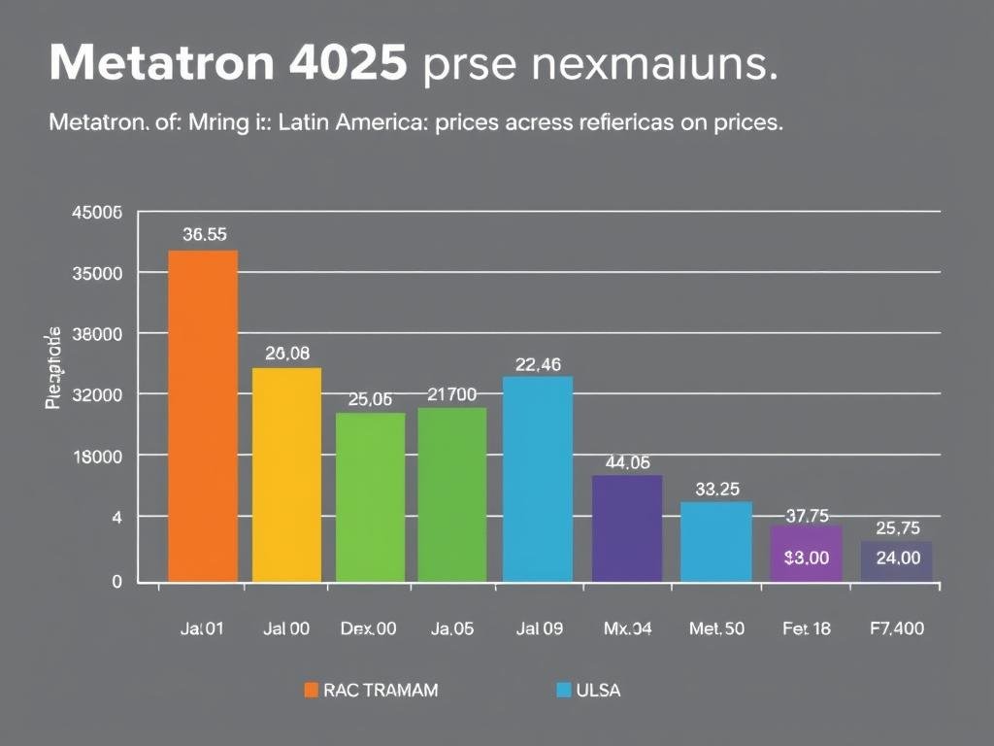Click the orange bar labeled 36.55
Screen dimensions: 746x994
[x=203, y=416]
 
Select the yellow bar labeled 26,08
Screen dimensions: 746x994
[x=286, y=474]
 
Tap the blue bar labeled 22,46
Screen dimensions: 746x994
[x=538, y=479]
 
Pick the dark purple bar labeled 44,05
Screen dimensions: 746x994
[x=627, y=528]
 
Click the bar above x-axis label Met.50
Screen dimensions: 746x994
[x=716, y=541]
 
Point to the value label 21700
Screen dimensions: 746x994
[x=452, y=394]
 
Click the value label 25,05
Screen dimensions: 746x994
[x=370, y=399]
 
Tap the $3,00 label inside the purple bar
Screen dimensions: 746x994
[x=806, y=558]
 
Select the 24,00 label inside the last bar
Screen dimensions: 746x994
[x=898, y=558]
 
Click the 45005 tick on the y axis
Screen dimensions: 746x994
[x=97, y=214]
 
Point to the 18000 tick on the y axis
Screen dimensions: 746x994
[x=97, y=457]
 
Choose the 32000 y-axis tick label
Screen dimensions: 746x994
[x=97, y=395]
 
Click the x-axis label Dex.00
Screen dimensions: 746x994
[x=369, y=628]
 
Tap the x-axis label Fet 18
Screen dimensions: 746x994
[x=806, y=628]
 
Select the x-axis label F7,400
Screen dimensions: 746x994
[x=897, y=628]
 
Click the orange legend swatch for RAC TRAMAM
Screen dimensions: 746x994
[x=312, y=690]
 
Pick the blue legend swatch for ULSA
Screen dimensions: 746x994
[x=563, y=690]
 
